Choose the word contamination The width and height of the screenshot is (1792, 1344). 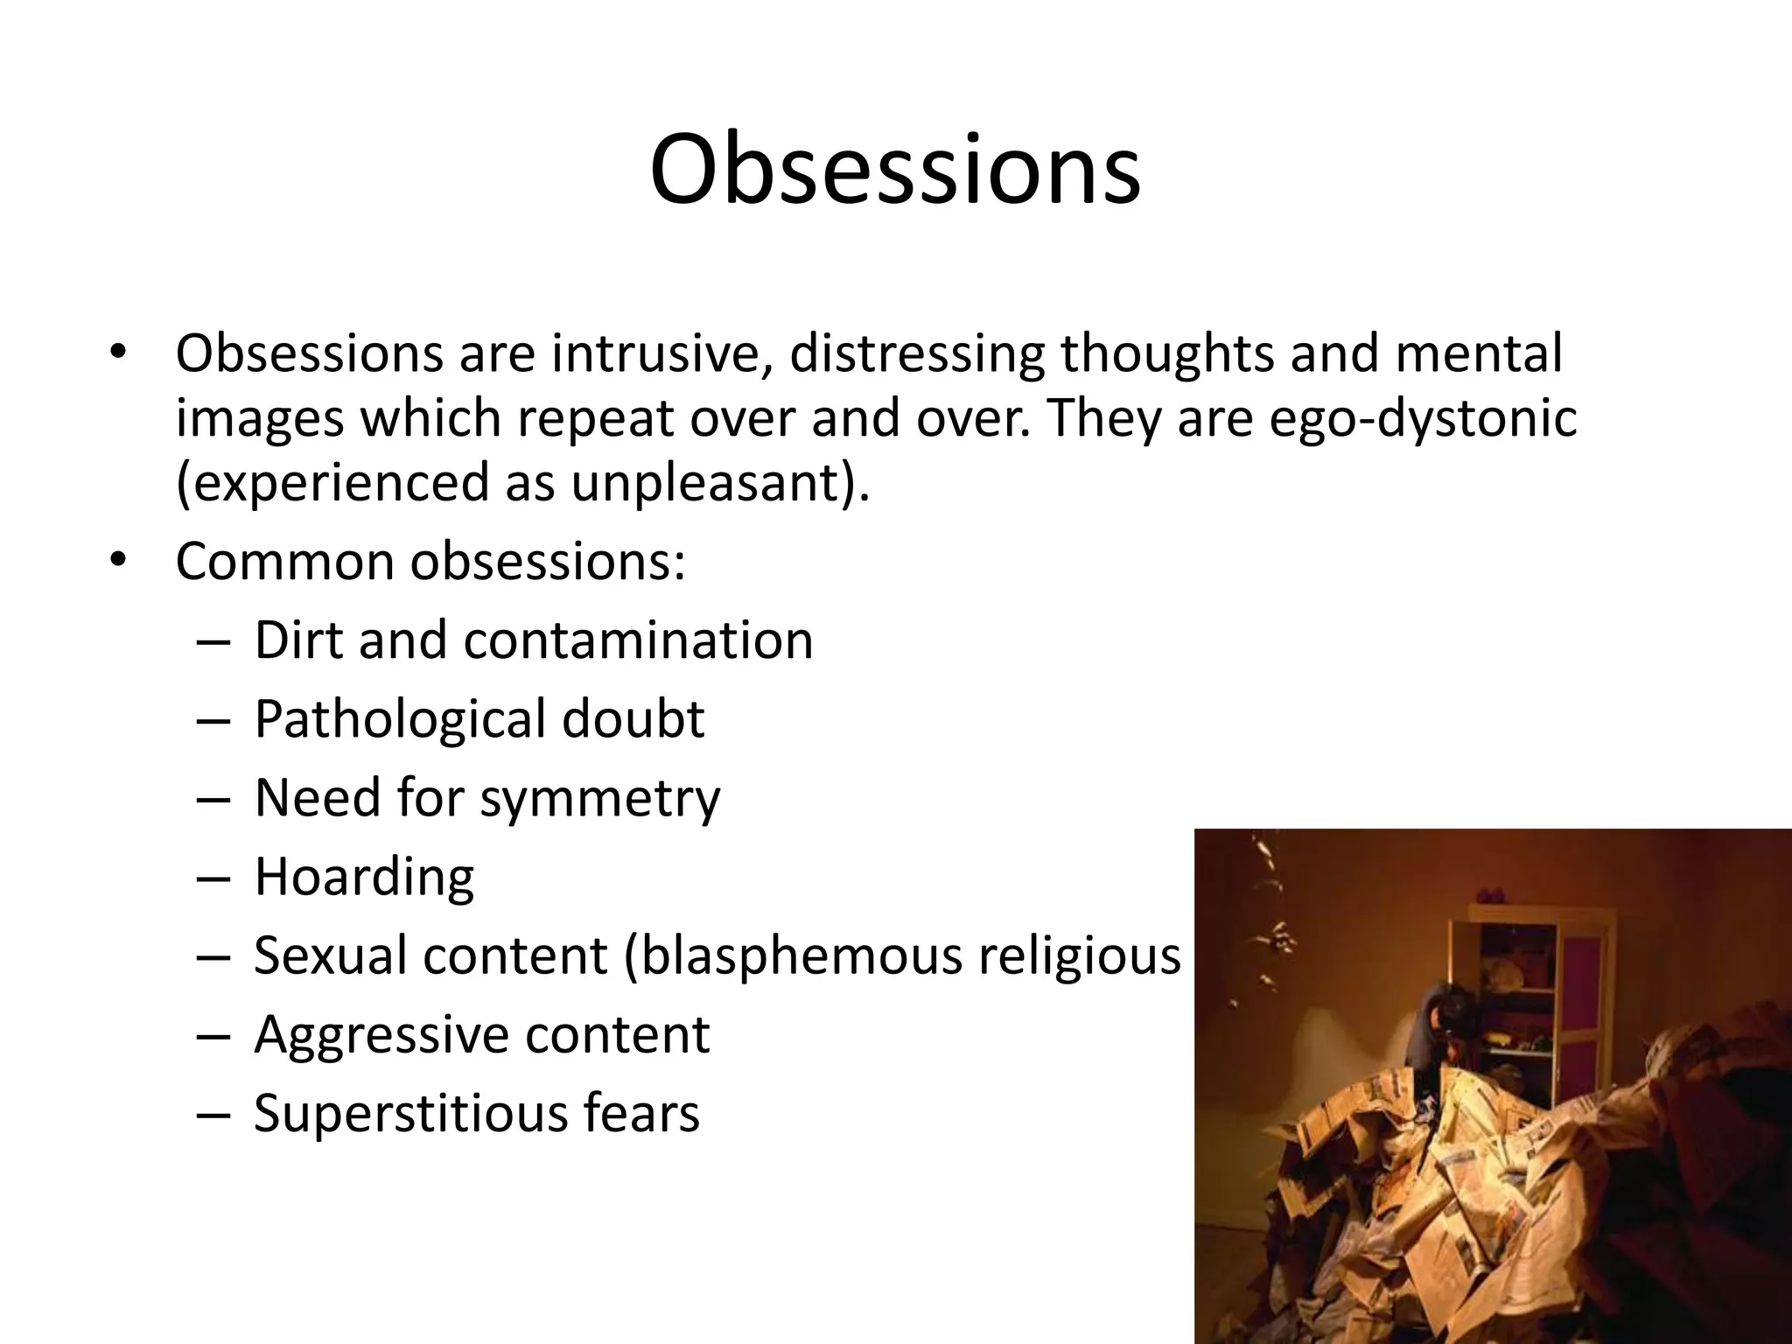click(639, 640)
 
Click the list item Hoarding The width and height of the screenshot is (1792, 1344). click(364, 877)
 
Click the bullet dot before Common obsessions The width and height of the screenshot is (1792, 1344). click(119, 560)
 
